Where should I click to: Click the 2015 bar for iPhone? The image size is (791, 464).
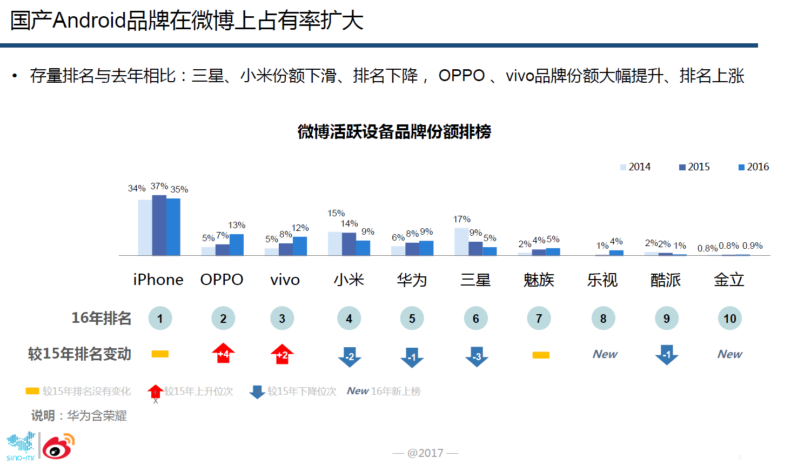[x=159, y=225]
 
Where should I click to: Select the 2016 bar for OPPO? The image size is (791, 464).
[x=237, y=244]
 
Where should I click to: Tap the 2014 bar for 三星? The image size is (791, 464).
[x=461, y=241]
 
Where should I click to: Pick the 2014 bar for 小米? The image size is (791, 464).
[x=334, y=243]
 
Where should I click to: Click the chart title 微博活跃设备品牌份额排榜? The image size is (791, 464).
[x=394, y=132]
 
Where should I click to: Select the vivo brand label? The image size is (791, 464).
[x=285, y=280]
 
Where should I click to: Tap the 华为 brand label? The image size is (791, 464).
[x=412, y=280]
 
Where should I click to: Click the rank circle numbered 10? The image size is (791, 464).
[x=729, y=319]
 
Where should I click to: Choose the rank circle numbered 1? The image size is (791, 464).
[x=160, y=319]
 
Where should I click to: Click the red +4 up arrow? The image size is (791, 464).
[x=223, y=354]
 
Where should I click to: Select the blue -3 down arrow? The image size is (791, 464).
[x=477, y=356]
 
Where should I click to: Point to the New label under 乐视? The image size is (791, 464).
[x=605, y=354]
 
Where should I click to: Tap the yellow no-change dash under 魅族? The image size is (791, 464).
[x=540, y=355]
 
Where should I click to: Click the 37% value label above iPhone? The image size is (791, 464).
[x=159, y=186]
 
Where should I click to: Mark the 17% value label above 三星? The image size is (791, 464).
[x=461, y=219]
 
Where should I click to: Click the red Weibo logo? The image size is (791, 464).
[x=58, y=447]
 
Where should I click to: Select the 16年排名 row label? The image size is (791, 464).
[x=101, y=318]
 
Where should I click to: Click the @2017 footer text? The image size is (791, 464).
[x=425, y=453]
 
